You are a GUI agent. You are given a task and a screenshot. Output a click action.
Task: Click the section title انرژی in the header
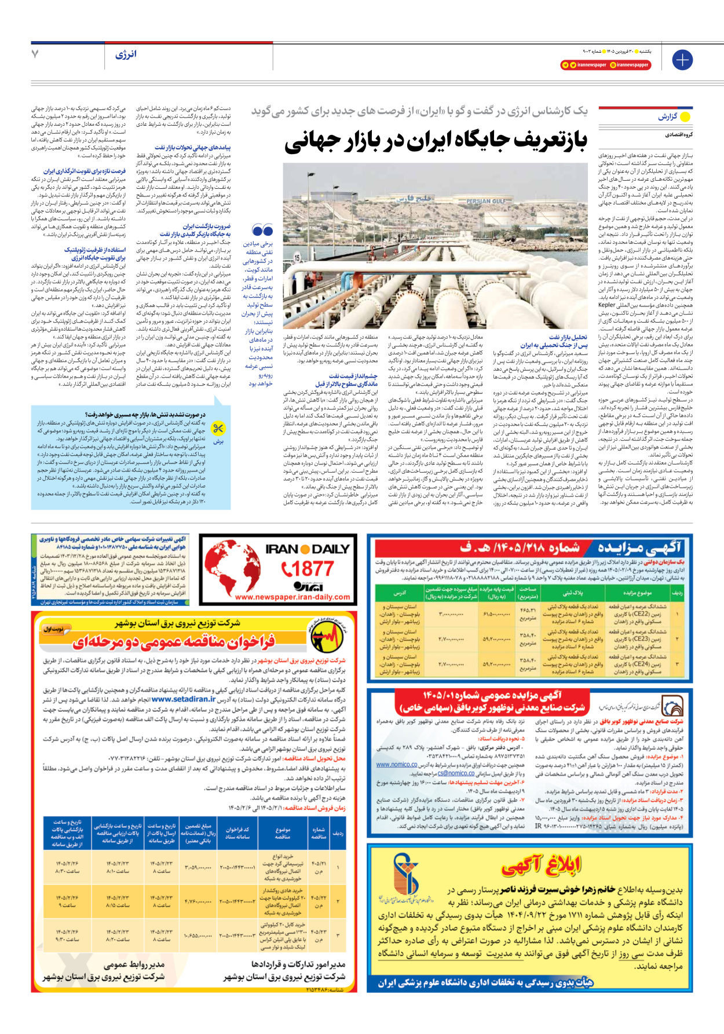pos(126,54)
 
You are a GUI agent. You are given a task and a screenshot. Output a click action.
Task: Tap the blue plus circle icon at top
pos(682,60)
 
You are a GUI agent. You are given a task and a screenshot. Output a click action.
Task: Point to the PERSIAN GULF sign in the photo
pos(486,202)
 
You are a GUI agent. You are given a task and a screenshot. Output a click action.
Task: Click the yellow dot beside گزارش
pos(685,117)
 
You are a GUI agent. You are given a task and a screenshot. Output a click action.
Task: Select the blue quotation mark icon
pos(262,231)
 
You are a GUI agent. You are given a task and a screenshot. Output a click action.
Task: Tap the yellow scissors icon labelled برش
pos(218,429)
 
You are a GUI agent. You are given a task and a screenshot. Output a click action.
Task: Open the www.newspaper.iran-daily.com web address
pos(292,597)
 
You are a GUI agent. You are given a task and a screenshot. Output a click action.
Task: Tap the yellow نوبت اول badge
pos(54,629)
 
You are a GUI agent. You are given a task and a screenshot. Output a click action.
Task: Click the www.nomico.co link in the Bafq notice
pos(397,765)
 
